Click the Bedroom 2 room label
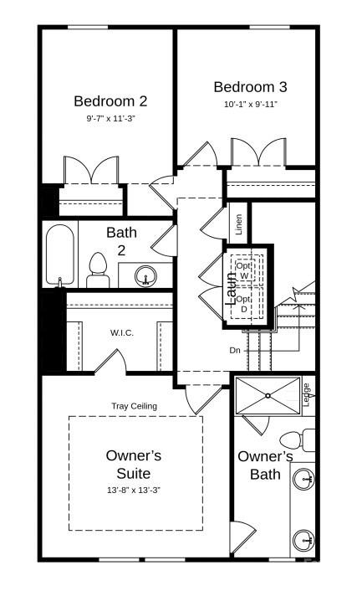(110, 101)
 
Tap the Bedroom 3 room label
(250, 87)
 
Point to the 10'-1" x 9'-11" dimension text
(250, 105)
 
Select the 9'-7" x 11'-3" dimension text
(110, 119)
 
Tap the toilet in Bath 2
(99, 270)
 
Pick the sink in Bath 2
(145, 275)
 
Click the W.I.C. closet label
(122, 332)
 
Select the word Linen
(238, 224)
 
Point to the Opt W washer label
(244, 270)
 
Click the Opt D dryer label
(244, 303)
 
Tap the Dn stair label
(236, 350)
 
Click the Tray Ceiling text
(134, 406)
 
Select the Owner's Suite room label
(134, 464)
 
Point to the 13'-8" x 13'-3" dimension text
(134, 489)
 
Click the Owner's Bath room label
(265, 465)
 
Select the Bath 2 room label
(121, 240)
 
